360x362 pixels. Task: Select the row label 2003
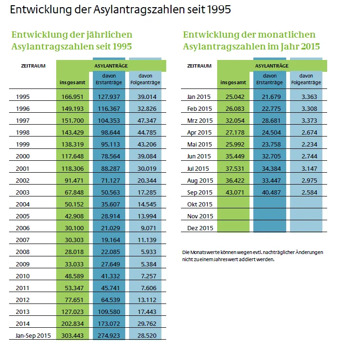tap(22, 193)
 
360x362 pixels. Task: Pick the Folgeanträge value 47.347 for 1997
tap(145, 121)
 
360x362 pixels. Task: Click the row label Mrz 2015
tap(200, 121)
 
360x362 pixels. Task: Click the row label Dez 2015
tap(200, 228)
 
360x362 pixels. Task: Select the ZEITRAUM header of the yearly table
tap(33, 66)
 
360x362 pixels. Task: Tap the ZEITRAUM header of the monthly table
tap(199, 66)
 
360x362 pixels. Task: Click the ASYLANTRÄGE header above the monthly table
tap(271, 66)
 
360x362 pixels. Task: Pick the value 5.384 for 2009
tap(145, 264)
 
